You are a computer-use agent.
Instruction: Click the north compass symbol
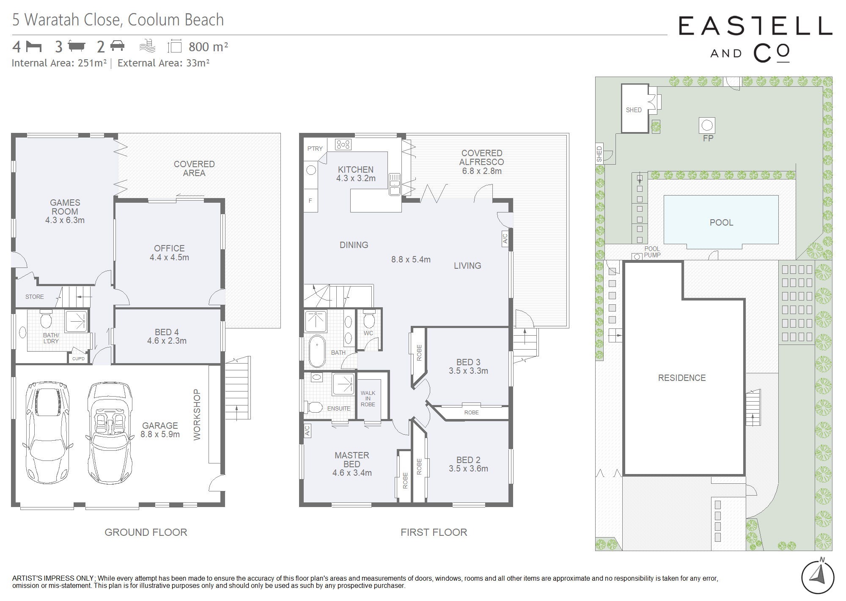coord(818,576)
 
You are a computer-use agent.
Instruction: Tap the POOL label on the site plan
coord(721,223)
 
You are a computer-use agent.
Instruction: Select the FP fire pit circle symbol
coord(707,125)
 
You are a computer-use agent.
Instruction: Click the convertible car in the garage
coord(110,433)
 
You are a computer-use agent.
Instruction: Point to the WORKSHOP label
coord(197,415)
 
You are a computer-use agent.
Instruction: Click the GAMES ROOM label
coord(65,207)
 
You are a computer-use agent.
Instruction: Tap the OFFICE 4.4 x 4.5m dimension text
coord(169,257)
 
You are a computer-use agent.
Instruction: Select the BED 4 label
coord(167,332)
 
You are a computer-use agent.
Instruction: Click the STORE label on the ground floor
coord(35,297)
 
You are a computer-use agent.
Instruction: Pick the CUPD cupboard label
coord(78,358)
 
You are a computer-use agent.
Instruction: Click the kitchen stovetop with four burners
coord(343,144)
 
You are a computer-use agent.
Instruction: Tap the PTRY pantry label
coord(315,149)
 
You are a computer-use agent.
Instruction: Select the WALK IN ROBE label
coord(368,399)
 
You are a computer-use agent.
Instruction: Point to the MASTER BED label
coord(352,460)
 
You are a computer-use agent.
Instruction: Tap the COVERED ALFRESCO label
coord(482,157)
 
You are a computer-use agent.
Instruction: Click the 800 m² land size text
coord(208,47)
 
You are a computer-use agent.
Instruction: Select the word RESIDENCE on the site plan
coord(682,378)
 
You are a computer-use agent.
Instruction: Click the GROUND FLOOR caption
coord(146,532)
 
